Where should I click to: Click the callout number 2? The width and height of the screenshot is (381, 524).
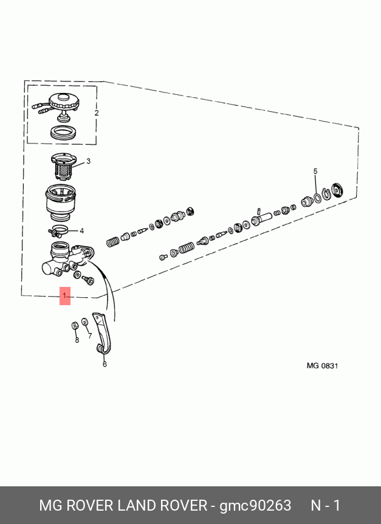point(97,113)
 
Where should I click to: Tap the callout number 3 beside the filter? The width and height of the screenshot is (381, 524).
point(88,161)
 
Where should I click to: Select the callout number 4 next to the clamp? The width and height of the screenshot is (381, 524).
point(82,231)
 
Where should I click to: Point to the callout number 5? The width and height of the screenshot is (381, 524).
point(315,171)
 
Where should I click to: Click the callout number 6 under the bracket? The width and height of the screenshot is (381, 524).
point(105,364)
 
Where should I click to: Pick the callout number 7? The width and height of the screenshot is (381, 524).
point(90,336)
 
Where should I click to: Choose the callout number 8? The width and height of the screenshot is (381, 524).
point(77,340)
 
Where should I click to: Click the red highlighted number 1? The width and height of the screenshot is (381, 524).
point(65,296)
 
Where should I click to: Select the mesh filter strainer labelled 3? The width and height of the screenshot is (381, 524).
point(63,167)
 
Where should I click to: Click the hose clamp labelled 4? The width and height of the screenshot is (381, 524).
point(58,230)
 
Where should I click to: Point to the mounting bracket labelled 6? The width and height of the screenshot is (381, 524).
point(101,333)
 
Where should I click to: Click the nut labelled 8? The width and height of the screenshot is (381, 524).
point(75,325)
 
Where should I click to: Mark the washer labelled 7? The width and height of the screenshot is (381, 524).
point(85,322)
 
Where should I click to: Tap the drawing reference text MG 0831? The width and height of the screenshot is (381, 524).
point(322,365)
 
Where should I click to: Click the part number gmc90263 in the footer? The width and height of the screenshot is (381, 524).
point(255,505)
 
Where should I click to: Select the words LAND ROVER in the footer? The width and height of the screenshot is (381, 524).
point(163,505)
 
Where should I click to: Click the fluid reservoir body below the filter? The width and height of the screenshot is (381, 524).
point(61,202)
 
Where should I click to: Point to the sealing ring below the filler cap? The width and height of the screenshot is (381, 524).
point(63,133)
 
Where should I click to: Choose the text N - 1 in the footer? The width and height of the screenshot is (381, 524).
point(326,505)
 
